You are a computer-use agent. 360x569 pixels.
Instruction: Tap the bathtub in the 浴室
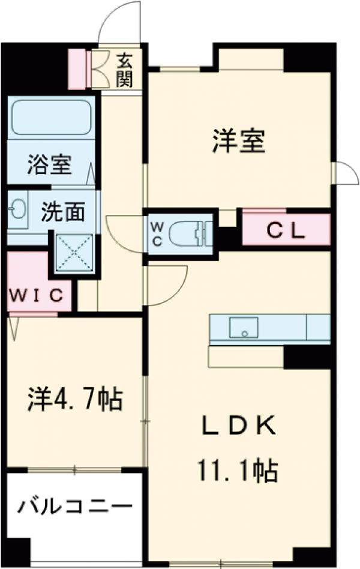50,116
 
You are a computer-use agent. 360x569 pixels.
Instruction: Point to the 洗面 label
62,212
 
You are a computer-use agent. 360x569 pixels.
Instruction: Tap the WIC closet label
36,295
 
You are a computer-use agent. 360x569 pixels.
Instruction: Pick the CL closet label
286,230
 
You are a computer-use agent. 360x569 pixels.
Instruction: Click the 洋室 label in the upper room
238,142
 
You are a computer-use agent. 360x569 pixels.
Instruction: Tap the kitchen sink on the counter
243,328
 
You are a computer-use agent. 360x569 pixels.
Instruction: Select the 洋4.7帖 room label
74,399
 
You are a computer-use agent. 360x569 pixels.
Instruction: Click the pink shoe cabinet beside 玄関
77,70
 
